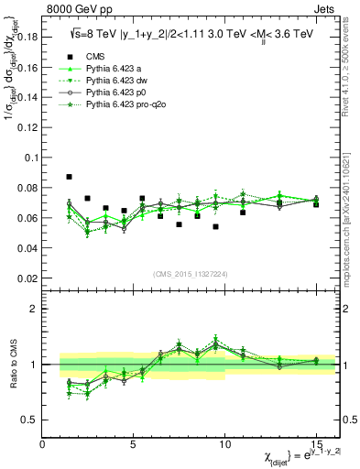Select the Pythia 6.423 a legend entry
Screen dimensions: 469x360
115,69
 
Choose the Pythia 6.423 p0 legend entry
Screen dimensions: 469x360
116,93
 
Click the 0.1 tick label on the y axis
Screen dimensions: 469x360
32,157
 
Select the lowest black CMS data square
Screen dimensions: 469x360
215,226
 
